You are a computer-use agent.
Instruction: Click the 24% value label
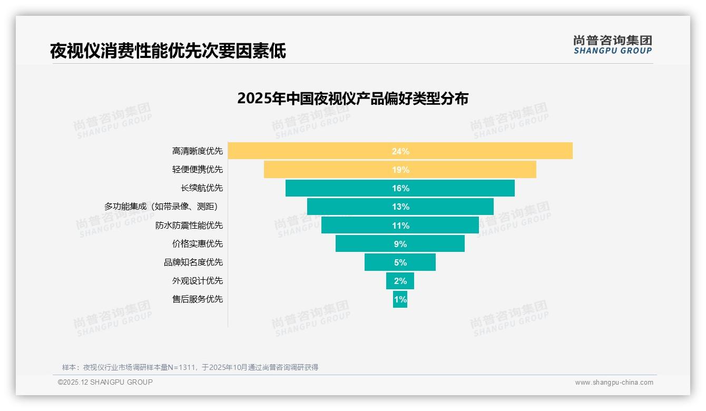[x=400, y=151]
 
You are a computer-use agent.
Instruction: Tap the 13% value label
[x=400, y=207]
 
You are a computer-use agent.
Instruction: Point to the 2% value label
[x=400, y=281]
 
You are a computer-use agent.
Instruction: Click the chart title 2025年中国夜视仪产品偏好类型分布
[x=352, y=99]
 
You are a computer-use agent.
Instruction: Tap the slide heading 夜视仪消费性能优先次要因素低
[x=168, y=51]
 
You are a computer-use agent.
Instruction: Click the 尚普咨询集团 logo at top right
[x=612, y=44]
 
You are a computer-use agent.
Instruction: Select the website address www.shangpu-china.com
[x=614, y=383]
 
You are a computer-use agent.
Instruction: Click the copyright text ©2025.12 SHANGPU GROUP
[x=105, y=382]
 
